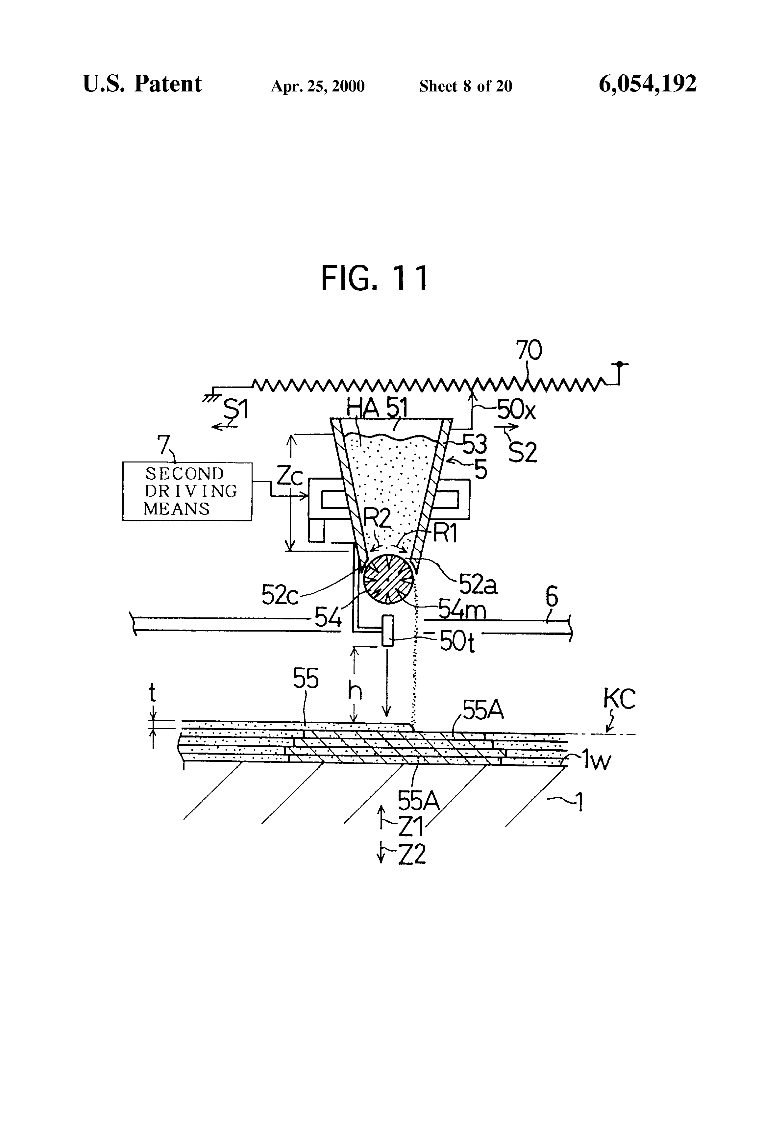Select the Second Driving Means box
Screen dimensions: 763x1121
pos(187,491)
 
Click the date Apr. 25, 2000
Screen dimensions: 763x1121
pos(317,86)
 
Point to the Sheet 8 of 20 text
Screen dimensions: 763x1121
pos(465,86)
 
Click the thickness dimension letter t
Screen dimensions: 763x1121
pos(152,693)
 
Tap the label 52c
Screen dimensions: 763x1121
pos(280,595)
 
